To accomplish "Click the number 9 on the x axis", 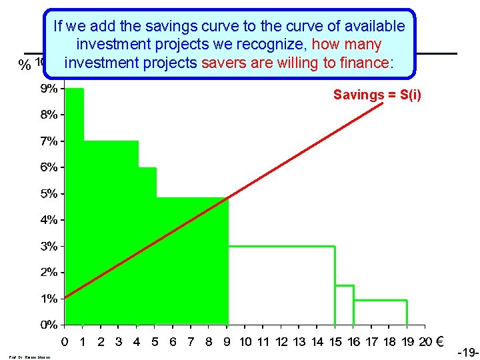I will point(227,342).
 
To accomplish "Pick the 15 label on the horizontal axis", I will point(335,342).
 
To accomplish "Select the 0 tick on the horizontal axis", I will point(65,342).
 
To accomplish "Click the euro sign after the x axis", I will point(439,342).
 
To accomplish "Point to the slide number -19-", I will point(468,351).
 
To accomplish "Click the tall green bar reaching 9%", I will point(74,200).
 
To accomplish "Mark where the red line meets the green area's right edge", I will point(228,198).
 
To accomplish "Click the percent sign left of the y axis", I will point(25,65).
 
